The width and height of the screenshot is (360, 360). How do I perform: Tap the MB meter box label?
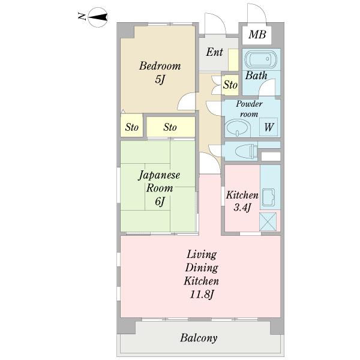[257, 34]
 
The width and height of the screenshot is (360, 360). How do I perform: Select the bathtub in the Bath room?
[261, 59]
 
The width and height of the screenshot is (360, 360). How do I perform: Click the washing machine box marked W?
[268, 127]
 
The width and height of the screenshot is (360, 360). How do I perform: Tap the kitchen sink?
[268, 197]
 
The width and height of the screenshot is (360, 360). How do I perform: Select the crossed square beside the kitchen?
[268, 221]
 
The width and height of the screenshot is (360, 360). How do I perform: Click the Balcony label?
[199, 338]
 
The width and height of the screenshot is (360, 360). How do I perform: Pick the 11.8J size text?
[202, 295]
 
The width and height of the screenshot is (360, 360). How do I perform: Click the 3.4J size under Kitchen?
[242, 208]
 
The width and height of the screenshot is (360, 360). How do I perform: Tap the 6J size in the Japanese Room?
[160, 202]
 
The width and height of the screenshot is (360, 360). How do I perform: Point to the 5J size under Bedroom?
[160, 79]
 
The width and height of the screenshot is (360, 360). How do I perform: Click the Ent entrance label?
[214, 52]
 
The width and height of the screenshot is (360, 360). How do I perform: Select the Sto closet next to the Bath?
[230, 85]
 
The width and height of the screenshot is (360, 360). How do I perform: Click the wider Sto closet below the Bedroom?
[170, 127]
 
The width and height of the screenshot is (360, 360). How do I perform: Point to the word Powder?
[250, 104]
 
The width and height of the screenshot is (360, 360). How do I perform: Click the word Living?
[202, 255]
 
